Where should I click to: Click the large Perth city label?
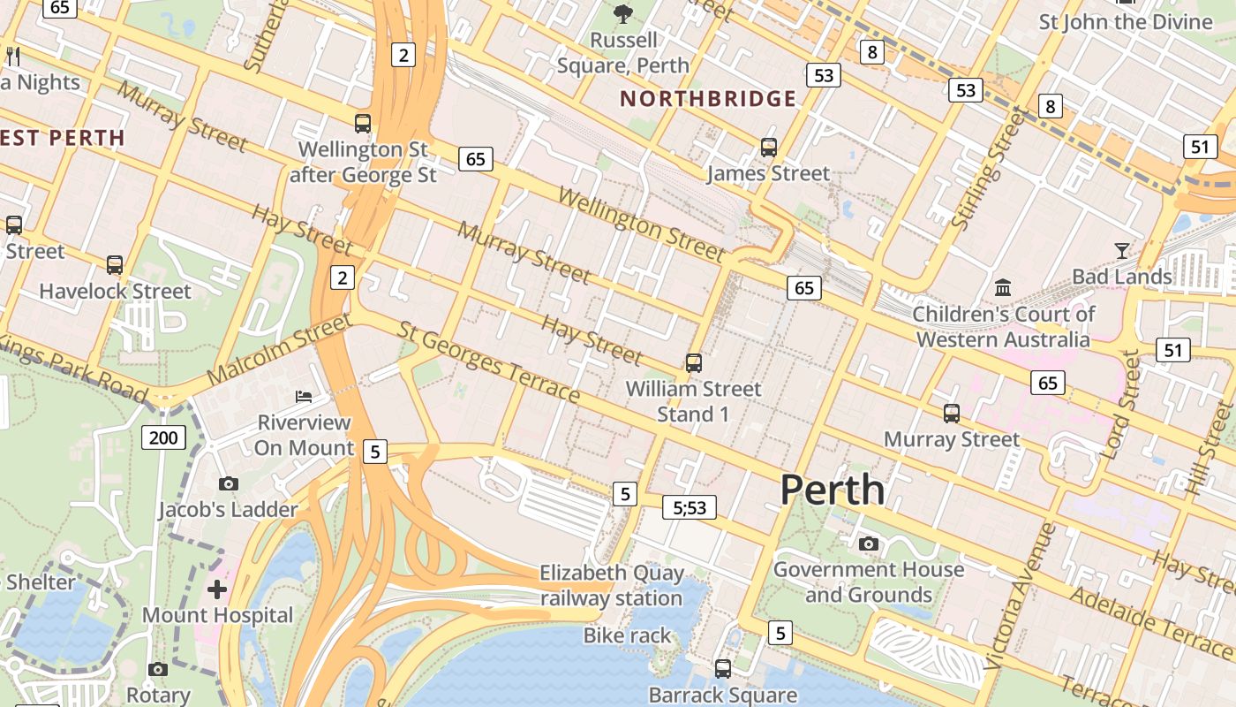coord(832,490)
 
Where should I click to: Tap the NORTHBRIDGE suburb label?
coord(709,98)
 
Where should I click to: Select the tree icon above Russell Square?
coord(623,13)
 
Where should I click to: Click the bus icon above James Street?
coord(769,148)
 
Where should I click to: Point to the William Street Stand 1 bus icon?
coord(694,362)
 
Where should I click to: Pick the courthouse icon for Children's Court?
coord(1003,287)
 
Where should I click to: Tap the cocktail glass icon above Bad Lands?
coord(1121,250)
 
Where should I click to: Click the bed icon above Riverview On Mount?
coord(304,396)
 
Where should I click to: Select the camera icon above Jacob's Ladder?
coord(229,483)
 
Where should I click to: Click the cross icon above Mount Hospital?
coord(217,589)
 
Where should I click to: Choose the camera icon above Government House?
coord(869,544)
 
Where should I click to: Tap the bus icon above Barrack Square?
coord(723,669)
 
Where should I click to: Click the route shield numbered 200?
coord(163,437)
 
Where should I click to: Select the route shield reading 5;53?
coord(690,507)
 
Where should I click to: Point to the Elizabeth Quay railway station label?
coord(611,586)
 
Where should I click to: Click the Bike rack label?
coord(627,635)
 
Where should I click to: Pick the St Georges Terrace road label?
coord(488,361)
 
